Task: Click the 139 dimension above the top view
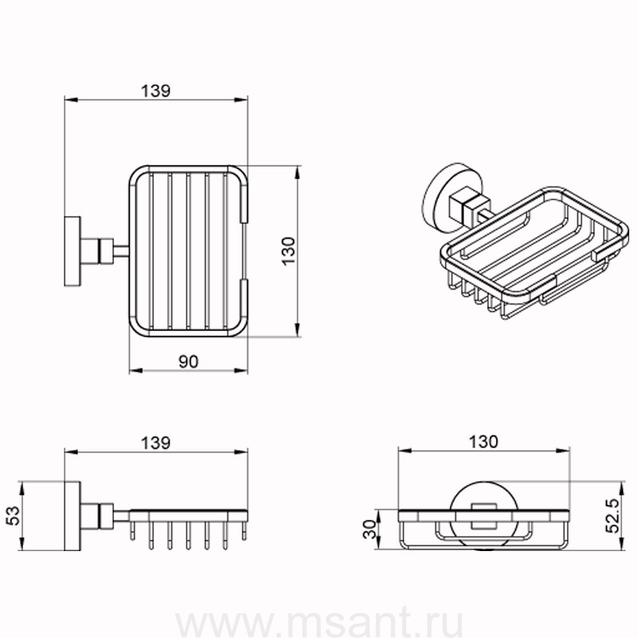coord(156,91)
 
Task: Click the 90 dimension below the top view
coord(188,361)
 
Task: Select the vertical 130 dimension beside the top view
coord(288,251)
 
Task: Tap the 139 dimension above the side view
coord(156,443)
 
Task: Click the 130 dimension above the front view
coord(483,442)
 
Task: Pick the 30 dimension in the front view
coord(370,529)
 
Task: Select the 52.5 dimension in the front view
coord(612,515)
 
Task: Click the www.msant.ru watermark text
coord(319,621)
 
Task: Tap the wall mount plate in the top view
coord(72,251)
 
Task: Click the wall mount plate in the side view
coord(72,516)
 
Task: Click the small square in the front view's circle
coord(484,516)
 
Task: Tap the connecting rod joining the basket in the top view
coord(121,251)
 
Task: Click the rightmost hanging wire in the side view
coord(244,530)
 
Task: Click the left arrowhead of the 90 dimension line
coord(136,370)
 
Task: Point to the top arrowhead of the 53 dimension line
coord(22,488)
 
